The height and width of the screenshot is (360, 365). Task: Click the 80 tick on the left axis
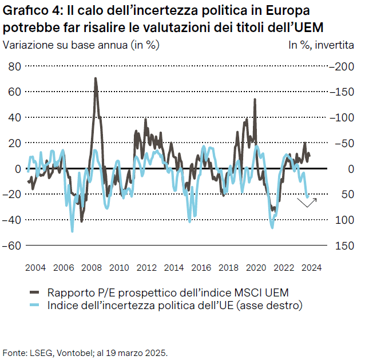[14, 66]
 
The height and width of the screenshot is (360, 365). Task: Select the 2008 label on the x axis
[92, 267]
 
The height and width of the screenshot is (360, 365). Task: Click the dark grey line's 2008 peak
[96, 78]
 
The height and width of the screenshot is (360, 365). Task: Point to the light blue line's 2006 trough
[72, 231]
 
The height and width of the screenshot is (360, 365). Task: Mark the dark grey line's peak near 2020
[255, 100]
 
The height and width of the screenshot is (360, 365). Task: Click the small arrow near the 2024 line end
[311, 201]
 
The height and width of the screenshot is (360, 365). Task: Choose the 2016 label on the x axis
[201, 267]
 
